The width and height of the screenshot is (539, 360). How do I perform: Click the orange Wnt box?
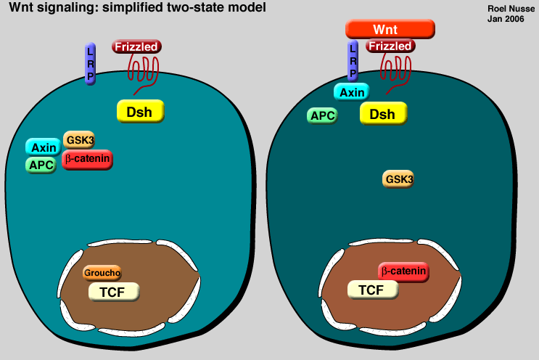(x=390, y=29)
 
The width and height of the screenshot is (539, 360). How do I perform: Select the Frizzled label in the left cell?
(x=136, y=46)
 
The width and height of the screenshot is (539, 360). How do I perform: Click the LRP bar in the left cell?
(x=91, y=64)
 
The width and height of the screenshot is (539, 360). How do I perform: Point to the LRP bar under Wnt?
(x=353, y=61)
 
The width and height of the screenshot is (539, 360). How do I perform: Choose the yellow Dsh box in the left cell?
(x=141, y=111)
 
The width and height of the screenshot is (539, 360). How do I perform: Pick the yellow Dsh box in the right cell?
(x=383, y=114)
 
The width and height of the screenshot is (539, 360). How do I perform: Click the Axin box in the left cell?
(x=44, y=147)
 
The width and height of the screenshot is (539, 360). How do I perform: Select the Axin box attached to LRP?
(x=352, y=92)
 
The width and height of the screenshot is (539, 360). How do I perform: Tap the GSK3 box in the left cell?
(x=79, y=139)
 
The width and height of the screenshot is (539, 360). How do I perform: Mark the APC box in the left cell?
(x=41, y=165)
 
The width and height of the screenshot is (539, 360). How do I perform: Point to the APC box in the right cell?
(x=322, y=115)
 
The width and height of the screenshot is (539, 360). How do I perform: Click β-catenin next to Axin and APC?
(x=88, y=157)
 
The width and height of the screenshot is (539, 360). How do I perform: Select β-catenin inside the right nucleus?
(x=403, y=271)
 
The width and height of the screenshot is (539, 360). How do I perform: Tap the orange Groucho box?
(x=102, y=273)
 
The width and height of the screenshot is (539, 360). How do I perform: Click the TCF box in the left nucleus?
(x=113, y=291)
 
